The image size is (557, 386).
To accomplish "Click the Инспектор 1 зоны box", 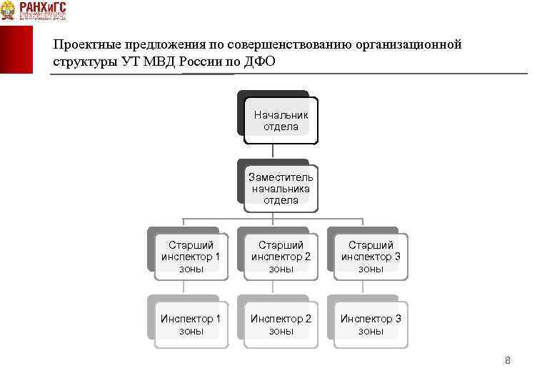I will pos(191,325).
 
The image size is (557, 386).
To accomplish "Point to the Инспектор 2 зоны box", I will pos(281,325).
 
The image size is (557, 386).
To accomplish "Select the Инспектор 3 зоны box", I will pos(371,325).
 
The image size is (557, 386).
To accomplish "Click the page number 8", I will pos(507,360).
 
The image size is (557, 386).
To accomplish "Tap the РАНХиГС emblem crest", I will pos(9,10).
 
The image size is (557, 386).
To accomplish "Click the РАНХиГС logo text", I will pos(43,8).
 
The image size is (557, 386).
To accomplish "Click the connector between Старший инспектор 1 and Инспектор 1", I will pos(184,285).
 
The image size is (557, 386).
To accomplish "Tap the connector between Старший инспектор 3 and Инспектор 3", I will pos(363,285).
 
